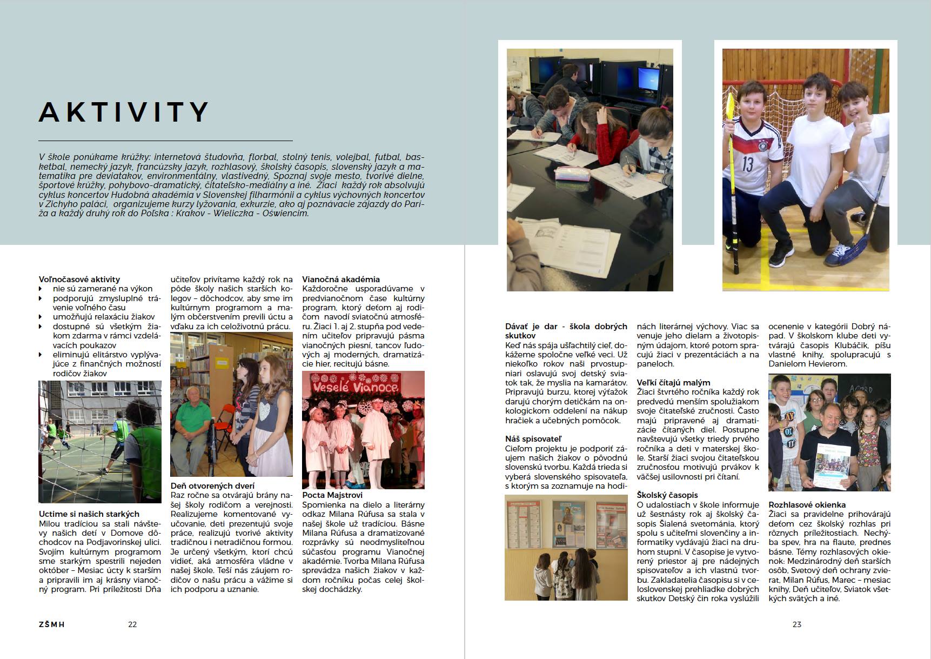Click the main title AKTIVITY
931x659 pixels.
[x=124, y=112]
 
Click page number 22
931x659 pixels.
[x=132, y=624]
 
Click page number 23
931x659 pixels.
[x=796, y=624]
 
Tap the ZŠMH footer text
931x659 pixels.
[x=52, y=624]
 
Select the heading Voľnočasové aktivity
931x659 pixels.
[x=79, y=279]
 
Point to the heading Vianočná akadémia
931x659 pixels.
[x=341, y=279]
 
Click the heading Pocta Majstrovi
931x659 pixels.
[x=332, y=495]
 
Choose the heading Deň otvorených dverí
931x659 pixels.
[x=212, y=485]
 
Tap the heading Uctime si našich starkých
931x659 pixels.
[x=89, y=514]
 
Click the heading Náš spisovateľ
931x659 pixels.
[x=533, y=439]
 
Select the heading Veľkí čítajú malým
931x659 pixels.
[x=673, y=382]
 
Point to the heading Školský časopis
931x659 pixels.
[x=667, y=495]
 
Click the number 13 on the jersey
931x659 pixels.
[x=747, y=164]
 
